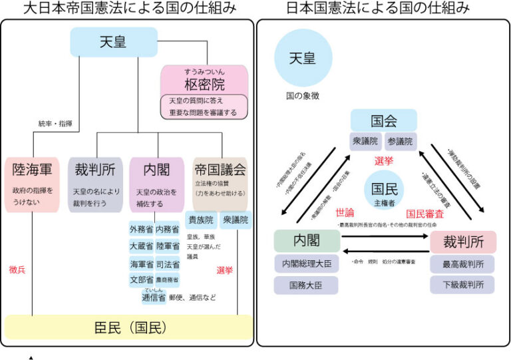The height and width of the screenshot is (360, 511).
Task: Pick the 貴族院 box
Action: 200,220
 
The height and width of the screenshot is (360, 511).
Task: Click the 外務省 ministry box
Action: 142,230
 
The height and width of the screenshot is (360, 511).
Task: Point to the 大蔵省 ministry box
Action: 142,247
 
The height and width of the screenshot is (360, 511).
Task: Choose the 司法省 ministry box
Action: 167,264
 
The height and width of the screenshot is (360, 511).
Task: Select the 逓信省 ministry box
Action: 154,297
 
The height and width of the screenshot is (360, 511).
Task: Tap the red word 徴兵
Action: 18,270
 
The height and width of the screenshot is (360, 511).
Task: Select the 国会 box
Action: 384,121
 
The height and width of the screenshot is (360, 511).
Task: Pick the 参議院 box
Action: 400,141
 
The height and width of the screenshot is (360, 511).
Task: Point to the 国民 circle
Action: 384,188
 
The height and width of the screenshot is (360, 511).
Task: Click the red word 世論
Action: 345,213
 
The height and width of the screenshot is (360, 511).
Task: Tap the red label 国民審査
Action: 425,214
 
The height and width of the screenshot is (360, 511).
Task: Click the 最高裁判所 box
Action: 463,264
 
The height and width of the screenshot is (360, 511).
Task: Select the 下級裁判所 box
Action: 463,285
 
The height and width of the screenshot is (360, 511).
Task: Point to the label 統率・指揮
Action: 55,124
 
